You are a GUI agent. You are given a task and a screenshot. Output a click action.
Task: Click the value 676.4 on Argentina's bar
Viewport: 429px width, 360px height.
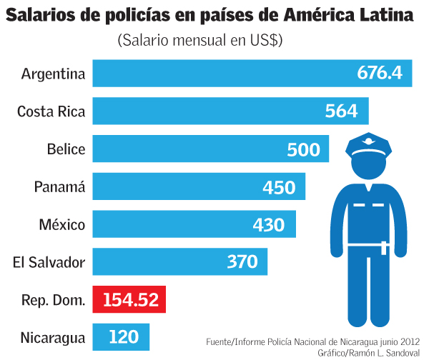pyautogui.click(x=380, y=74)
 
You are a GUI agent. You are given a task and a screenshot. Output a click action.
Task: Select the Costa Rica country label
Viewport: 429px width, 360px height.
pyautogui.click(x=51, y=111)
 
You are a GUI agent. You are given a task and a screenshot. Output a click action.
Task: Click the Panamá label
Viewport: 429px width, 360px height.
pyautogui.click(x=60, y=187)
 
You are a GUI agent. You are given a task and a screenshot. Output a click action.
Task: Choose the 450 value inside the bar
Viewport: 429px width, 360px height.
pyautogui.click(x=279, y=187)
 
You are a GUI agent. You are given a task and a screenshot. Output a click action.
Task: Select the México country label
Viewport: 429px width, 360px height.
pyautogui.click(x=62, y=225)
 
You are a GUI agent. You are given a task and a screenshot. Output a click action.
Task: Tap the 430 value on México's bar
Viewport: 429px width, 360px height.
pyautogui.click(x=269, y=225)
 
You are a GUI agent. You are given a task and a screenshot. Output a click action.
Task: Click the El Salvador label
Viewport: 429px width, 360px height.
pyautogui.click(x=49, y=263)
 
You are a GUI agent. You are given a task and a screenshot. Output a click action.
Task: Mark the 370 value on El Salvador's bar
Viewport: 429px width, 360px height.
pyautogui.click(x=242, y=262)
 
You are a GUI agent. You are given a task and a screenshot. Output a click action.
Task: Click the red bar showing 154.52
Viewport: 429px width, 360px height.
pyautogui.click(x=129, y=300)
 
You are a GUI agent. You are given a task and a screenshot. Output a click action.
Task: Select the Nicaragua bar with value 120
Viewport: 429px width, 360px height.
pyautogui.click(x=121, y=337)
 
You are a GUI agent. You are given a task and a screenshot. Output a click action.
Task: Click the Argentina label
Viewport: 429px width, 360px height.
pyautogui.click(x=54, y=74)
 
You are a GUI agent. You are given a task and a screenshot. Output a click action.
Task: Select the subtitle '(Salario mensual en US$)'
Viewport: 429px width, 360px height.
pyautogui.click(x=200, y=41)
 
